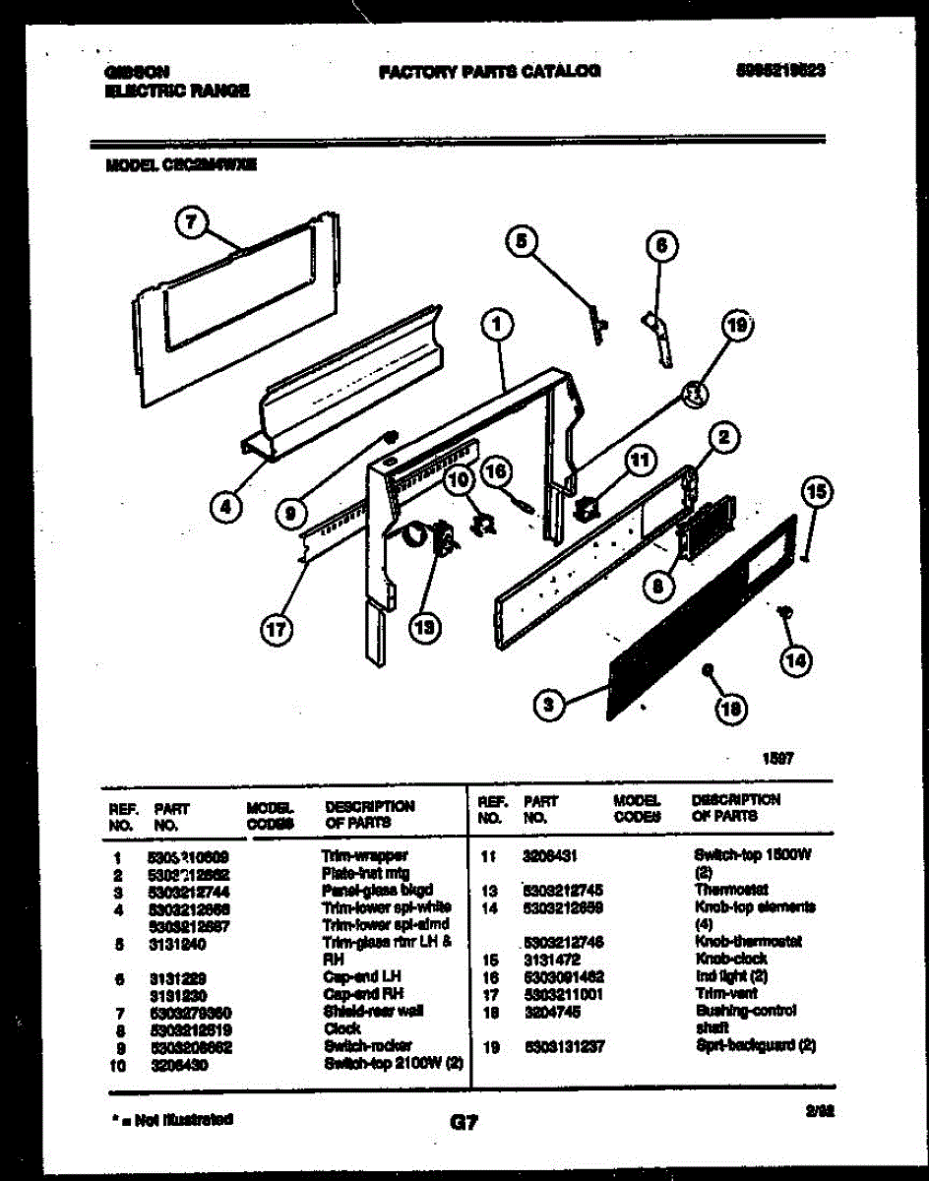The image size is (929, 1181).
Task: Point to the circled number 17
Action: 278,632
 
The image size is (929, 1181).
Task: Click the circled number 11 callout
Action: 641,460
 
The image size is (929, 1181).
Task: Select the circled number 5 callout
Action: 523,241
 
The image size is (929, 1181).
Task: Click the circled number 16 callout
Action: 497,473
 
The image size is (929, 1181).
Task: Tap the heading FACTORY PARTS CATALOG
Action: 489,71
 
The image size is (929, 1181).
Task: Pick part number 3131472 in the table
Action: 549,959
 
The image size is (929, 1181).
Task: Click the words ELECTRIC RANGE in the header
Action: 176,90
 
